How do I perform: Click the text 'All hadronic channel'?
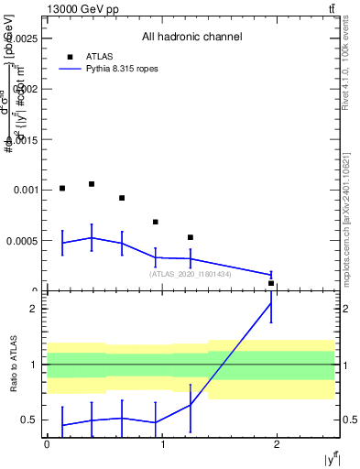coord(191,37)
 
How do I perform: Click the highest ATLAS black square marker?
coord(92,184)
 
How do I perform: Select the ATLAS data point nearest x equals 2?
coord(271,284)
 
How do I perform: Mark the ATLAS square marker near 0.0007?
coord(156,222)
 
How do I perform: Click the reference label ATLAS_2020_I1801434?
coord(191,274)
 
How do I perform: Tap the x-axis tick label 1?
coord(162,442)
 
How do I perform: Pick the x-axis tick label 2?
coord(277,442)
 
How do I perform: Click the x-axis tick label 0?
coord(47,442)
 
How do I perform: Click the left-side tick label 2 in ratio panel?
coord(34,309)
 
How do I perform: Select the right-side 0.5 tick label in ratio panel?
coord(349,420)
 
